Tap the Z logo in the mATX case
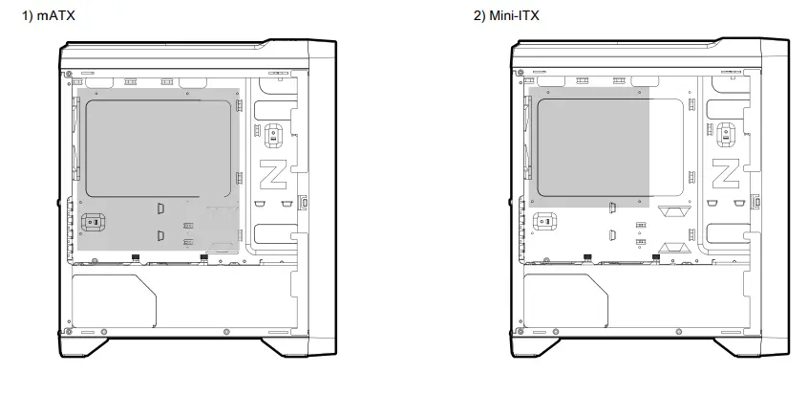(x=270, y=175)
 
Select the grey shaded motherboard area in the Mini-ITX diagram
(x=592, y=148)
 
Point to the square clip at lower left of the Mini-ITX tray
(x=548, y=223)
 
